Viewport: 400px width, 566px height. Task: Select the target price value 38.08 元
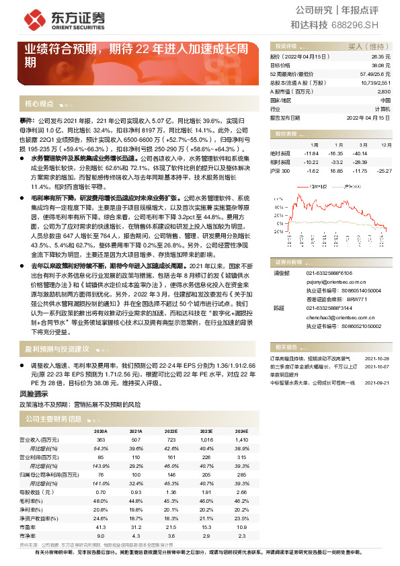[x=380, y=66]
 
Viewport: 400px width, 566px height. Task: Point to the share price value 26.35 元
[x=380, y=58]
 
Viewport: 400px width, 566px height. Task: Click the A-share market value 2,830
[x=384, y=91]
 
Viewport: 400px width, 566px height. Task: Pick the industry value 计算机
[x=382, y=108]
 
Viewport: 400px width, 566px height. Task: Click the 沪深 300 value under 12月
[x=385, y=171]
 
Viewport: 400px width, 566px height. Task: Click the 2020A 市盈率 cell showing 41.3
[x=101, y=508]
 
